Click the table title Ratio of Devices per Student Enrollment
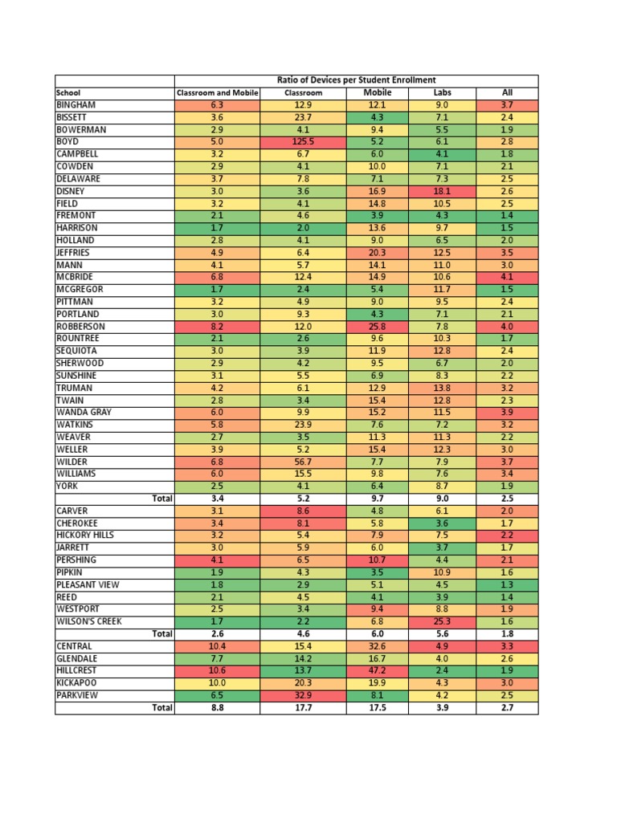(x=356, y=80)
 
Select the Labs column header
(x=442, y=92)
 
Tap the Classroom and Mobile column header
(x=217, y=93)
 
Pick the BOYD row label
(x=67, y=141)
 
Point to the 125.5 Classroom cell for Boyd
(x=303, y=141)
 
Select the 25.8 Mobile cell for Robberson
(x=377, y=327)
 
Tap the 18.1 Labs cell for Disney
(x=442, y=191)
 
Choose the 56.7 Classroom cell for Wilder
(x=303, y=462)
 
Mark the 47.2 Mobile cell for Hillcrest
(x=377, y=670)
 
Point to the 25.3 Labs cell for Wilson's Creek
(x=442, y=621)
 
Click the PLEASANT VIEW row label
(x=87, y=584)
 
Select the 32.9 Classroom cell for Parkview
(x=303, y=695)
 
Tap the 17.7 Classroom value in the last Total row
(x=303, y=708)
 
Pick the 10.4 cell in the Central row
(x=217, y=646)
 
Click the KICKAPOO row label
(x=77, y=682)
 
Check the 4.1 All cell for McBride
(x=507, y=277)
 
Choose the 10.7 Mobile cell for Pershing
(x=377, y=560)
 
